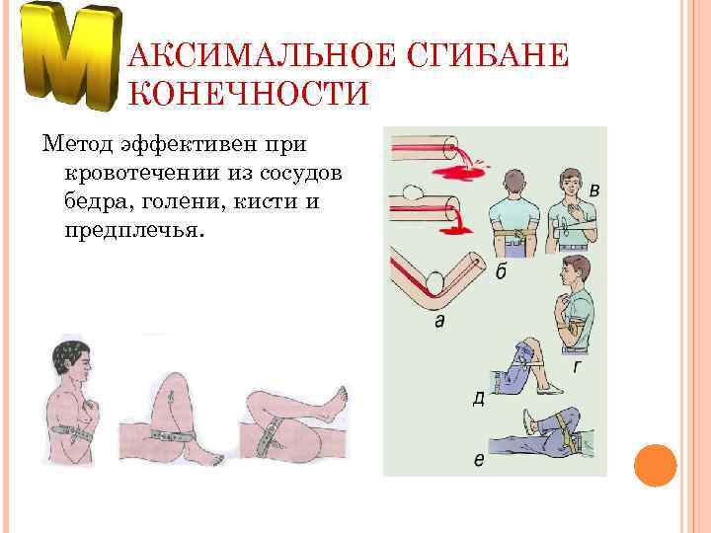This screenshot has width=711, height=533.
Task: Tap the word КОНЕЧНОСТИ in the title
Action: (249, 94)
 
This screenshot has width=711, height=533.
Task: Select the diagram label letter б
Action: (501, 270)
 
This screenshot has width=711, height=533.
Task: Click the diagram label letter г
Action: (576, 366)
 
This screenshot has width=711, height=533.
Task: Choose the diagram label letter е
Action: (478, 459)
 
